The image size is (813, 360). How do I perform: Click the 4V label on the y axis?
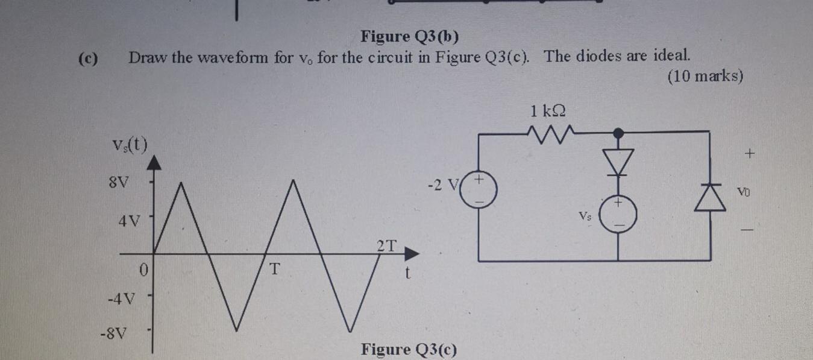(x=128, y=221)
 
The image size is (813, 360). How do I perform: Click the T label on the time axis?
(x=274, y=268)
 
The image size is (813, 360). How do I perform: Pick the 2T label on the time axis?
(x=386, y=245)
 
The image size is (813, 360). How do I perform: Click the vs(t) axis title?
(x=130, y=145)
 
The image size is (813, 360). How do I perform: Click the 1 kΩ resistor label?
(x=548, y=111)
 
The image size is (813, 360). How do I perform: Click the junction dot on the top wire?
(x=618, y=131)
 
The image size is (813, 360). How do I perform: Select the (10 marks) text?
(x=706, y=77)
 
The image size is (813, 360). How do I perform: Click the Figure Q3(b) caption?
(x=409, y=37)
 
